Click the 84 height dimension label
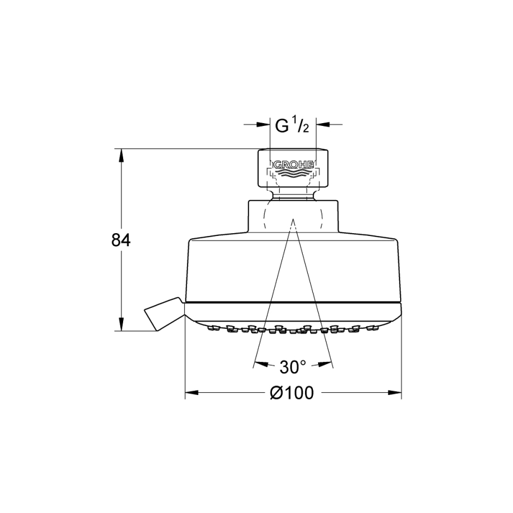121,240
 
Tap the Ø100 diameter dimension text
291,393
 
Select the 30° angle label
293,367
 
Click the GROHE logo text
293,165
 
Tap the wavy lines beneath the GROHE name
293,173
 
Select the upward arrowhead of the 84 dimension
121,155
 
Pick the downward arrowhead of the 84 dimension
121,324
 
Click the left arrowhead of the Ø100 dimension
192,392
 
